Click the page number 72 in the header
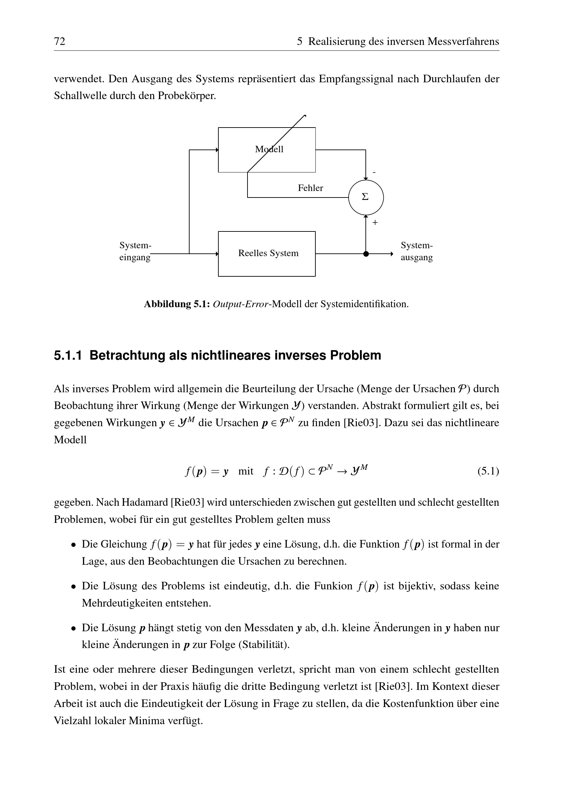pyautogui.click(x=60, y=41)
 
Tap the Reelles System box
pyautogui.click(x=267, y=254)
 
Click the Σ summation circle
pyautogui.click(x=365, y=197)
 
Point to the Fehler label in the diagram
pyautogui.click(x=310, y=188)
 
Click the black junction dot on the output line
pyautogui.click(x=365, y=254)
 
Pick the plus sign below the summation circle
pyautogui.click(x=375, y=223)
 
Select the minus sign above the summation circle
pyautogui.click(x=374, y=172)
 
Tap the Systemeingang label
pyautogui.click(x=135, y=251)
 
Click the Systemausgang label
pyautogui.click(x=417, y=251)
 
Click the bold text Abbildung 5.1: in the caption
pyautogui.click(x=177, y=304)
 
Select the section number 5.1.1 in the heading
pyautogui.click(x=68, y=356)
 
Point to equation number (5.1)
pyautogui.click(x=488, y=471)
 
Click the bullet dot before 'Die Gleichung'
pyautogui.click(x=73, y=544)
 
